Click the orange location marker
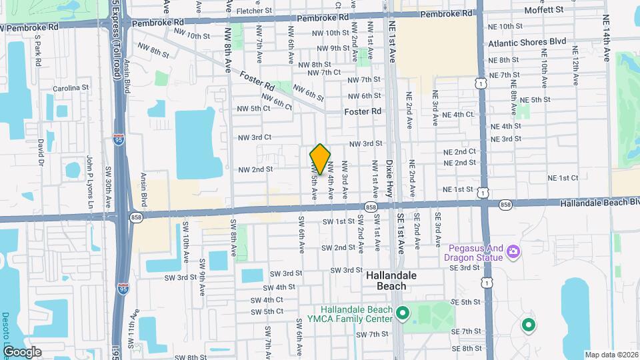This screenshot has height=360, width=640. point(321,159)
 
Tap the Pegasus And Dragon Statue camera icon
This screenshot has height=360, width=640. point(513,251)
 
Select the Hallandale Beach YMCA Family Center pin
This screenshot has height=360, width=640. point(402,313)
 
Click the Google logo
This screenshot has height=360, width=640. point(22,352)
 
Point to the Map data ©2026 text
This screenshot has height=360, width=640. point(611,354)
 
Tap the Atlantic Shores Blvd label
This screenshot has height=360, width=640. point(527,41)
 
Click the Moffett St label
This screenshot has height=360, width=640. point(544,9)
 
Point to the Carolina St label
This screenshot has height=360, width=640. point(71,88)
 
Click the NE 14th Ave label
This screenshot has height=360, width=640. point(605,39)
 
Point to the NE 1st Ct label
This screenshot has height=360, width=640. point(563,178)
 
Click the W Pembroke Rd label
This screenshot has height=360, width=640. point(30,27)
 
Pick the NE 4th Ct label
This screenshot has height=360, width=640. point(453,115)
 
